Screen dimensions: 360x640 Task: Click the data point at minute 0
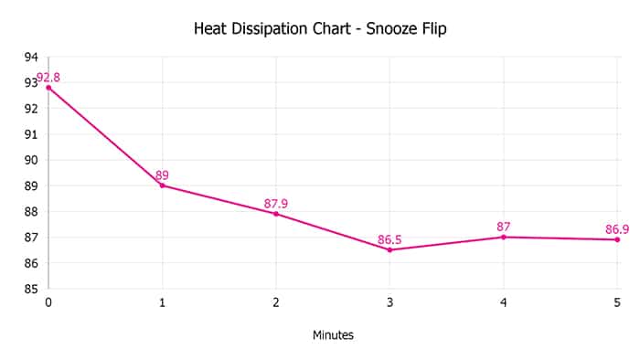pyautogui.click(x=48, y=88)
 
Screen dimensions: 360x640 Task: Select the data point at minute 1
pyautogui.click(x=162, y=185)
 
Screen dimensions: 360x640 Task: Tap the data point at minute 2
pyautogui.click(x=276, y=214)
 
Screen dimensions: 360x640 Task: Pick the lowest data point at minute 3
pyautogui.click(x=389, y=249)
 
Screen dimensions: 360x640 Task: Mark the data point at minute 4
pyautogui.click(x=504, y=237)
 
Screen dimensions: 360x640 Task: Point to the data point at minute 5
pyautogui.click(x=617, y=239)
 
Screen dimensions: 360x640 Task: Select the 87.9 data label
pyautogui.click(x=276, y=203)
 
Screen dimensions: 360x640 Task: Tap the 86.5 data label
pyautogui.click(x=389, y=239)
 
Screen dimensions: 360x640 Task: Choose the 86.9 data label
pyautogui.click(x=617, y=228)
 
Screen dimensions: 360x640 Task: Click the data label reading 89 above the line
pyautogui.click(x=162, y=175)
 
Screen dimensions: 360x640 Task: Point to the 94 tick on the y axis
pyautogui.click(x=31, y=57)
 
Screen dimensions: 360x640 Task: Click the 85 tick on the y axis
pyautogui.click(x=31, y=289)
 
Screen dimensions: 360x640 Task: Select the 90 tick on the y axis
pyautogui.click(x=31, y=160)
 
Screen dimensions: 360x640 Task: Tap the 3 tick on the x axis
pyautogui.click(x=389, y=302)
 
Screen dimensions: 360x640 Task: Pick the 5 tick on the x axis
pyautogui.click(x=617, y=302)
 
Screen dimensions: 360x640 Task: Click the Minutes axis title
pyautogui.click(x=333, y=335)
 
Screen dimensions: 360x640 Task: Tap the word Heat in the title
pyautogui.click(x=208, y=29)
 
